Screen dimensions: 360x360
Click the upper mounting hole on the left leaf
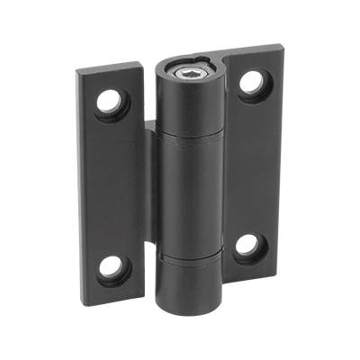click(x=110, y=101)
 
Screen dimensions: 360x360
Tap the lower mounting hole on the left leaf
click(x=111, y=265)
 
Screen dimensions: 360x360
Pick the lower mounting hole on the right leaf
click(x=249, y=246)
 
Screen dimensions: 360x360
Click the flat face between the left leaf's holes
click(x=110, y=184)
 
